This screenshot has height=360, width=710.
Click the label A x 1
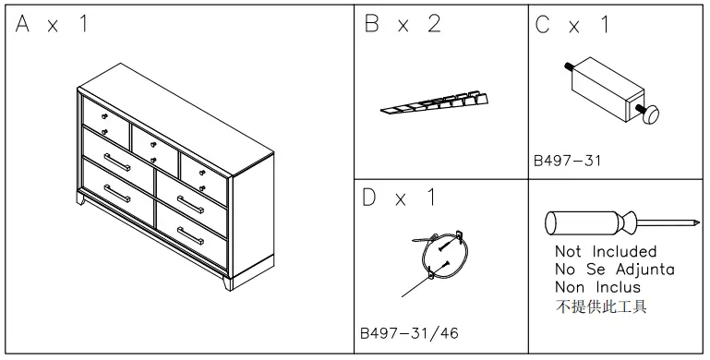tap(53, 25)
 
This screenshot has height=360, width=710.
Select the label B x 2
tap(402, 25)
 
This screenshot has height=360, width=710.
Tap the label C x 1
tap(572, 25)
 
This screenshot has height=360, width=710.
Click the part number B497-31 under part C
tap(567, 161)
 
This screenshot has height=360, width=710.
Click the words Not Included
tap(606, 251)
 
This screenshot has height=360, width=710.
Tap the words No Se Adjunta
tap(615, 270)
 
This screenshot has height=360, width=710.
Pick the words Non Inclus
tap(598, 287)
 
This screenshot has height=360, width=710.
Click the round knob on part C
tap(652, 114)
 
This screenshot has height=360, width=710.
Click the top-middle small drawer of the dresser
tap(153, 142)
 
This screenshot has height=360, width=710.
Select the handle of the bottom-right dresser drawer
tap(190, 235)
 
